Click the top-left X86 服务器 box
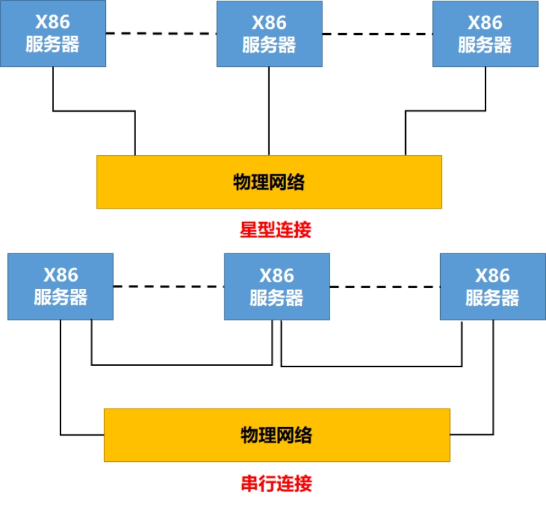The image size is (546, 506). pos(53,34)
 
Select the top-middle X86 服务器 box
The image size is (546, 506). pos(270,34)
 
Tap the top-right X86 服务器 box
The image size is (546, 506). pos(485,34)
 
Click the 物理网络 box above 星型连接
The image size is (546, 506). pos(269,182)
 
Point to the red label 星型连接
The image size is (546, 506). pos(276,230)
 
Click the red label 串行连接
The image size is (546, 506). pos(276,484)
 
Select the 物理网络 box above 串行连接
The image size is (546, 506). pos(277,435)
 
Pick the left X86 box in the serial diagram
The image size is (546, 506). pos(61,287)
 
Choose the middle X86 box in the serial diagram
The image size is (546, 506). pos(277,287)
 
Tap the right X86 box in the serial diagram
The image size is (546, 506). pos(493,287)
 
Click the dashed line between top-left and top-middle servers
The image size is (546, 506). pos(161,34)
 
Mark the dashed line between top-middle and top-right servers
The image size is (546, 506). pos(378,34)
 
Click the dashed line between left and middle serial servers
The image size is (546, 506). pos(169,286)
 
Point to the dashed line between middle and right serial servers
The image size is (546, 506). pos(385,287)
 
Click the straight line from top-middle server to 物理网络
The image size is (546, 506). pos(269,111)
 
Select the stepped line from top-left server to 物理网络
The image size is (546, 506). pos(94,111)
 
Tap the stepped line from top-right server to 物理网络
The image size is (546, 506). pos(446,111)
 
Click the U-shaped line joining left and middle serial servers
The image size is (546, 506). pos(182,365)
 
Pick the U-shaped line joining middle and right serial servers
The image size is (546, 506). pos(372,367)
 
